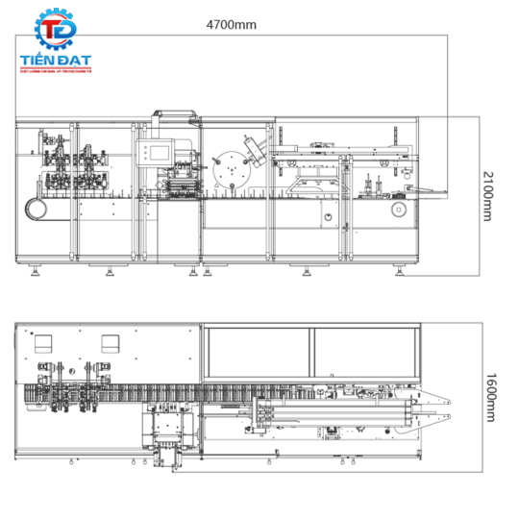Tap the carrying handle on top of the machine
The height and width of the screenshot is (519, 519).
pyautogui.click(x=178, y=116)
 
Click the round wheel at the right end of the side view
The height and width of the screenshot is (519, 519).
pyautogui.click(x=396, y=211)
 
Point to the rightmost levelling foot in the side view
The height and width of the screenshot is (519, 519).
pyautogui.click(x=395, y=271)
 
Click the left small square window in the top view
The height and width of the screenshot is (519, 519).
pyautogui.click(x=42, y=343)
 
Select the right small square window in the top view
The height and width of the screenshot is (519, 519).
pyautogui.click(x=110, y=343)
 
